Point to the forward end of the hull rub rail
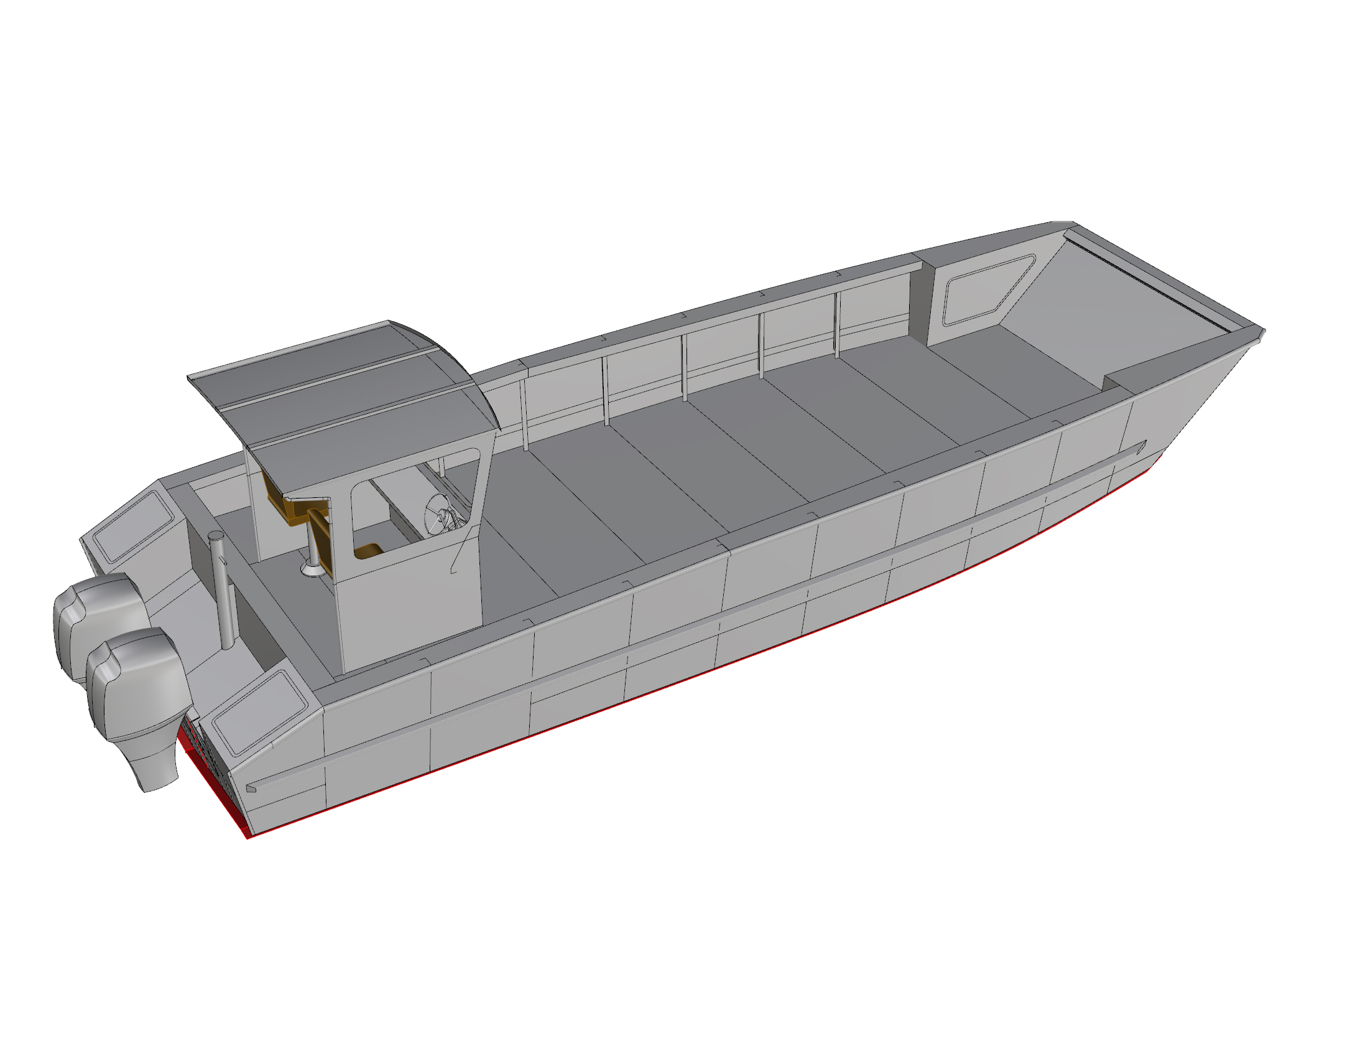point(1141,447)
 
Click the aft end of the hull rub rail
point(252,788)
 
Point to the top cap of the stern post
point(216,536)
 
